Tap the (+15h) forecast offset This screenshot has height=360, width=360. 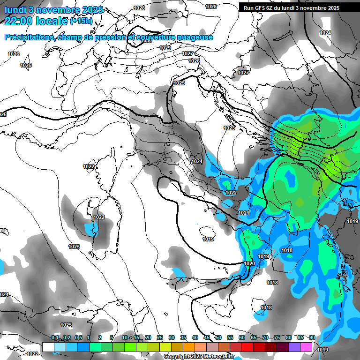pyautogui.click(x=81, y=21)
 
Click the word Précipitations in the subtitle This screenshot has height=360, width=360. pyautogui.click(x=28, y=37)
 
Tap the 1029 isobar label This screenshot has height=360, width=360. pyautogui.click(x=165, y=48)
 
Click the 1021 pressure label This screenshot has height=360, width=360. pyautogui.click(x=244, y=213)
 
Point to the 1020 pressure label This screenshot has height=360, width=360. pyautogui.click(x=250, y=263)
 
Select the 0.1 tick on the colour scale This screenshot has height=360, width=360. pyautogui.click(x=55, y=337)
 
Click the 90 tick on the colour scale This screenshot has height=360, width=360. pyautogui.click(x=312, y=337)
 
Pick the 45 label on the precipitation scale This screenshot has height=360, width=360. pyautogui.click(x=207, y=337)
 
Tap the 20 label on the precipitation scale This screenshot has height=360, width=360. pyautogui.click(x=148, y=337)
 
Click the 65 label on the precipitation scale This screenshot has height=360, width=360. pyautogui.click(x=254, y=337)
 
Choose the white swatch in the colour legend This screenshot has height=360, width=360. pyautogui.click(x=48, y=347)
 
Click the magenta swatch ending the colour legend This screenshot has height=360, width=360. pyautogui.click(x=306, y=347)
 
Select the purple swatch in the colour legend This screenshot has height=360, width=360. pyautogui.click(x=294, y=347)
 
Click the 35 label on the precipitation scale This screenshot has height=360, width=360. pyautogui.click(x=183, y=337)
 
